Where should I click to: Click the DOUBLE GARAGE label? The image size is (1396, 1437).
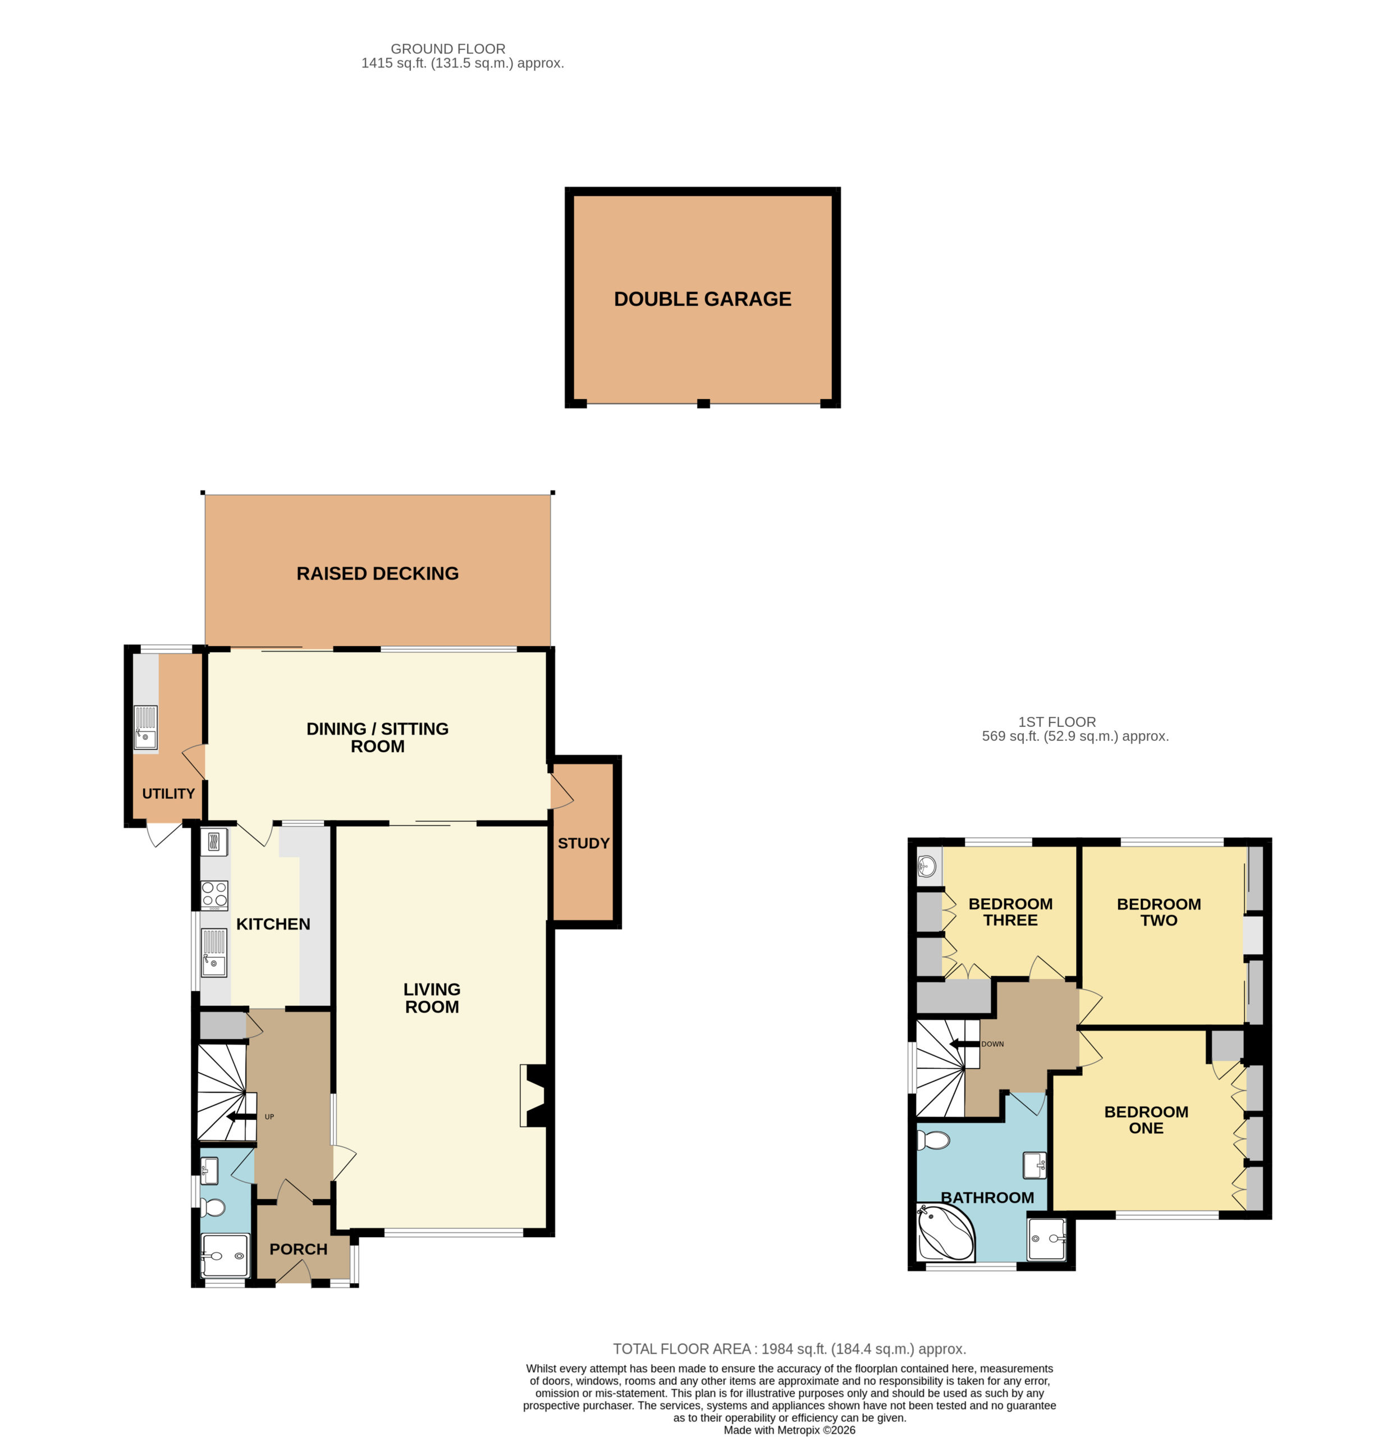[x=702, y=299]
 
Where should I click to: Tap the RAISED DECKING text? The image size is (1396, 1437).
[x=378, y=573]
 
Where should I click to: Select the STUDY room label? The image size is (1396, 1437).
[x=584, y=843]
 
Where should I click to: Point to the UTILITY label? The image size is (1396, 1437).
[x=168, y=793]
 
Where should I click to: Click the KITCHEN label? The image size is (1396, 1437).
[x=273, y=924]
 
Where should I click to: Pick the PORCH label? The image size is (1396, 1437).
[x=299, y=1250]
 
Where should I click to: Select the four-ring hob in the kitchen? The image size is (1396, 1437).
[x=214, y=895]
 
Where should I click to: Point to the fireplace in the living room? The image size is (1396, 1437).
[x=533, y=1095]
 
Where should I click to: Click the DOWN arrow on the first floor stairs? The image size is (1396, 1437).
[x=964, y=1044]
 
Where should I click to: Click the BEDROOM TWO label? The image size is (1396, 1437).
[x=1159, y=912]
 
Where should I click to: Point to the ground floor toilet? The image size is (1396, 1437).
[x=213, y=1207]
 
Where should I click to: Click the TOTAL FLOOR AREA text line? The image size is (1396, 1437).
[x=790, y=1349]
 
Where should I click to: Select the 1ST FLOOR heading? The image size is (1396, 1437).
[x=1058, y=722]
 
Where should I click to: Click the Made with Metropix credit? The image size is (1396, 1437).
[x=790, y=1430]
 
